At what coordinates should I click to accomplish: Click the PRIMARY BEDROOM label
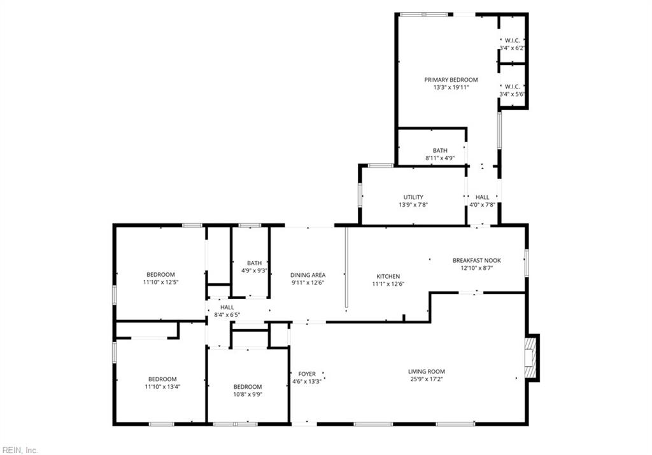coord(451,80)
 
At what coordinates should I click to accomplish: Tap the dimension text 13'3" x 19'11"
coord(451,88)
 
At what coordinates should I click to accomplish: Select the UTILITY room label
coord(413,197)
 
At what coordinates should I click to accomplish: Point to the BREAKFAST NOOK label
coord(477,260)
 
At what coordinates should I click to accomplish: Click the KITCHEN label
coord(388,276)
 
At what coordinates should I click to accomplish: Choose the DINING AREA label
coord(308,275)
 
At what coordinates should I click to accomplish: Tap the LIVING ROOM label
coord(427,372)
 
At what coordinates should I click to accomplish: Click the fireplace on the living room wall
coord(532,358)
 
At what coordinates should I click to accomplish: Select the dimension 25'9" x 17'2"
coord(427,380)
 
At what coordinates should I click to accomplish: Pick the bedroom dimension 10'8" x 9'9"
coord(247,395)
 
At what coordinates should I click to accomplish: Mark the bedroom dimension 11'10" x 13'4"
coord(162,387)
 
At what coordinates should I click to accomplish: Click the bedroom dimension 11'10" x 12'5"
coord(160,282)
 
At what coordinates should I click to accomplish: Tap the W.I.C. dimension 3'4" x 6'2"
coord(512,48)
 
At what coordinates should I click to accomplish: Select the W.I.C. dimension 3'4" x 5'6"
coord(512,94)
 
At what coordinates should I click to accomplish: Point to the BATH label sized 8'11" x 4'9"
coord(440,151)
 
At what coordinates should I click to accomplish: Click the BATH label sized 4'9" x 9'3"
coord(254,263)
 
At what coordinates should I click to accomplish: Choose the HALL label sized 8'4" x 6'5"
coord(227,307)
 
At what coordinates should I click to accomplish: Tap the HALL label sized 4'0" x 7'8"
coord(482,197)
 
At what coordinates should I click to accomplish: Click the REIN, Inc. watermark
coord(20,450)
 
